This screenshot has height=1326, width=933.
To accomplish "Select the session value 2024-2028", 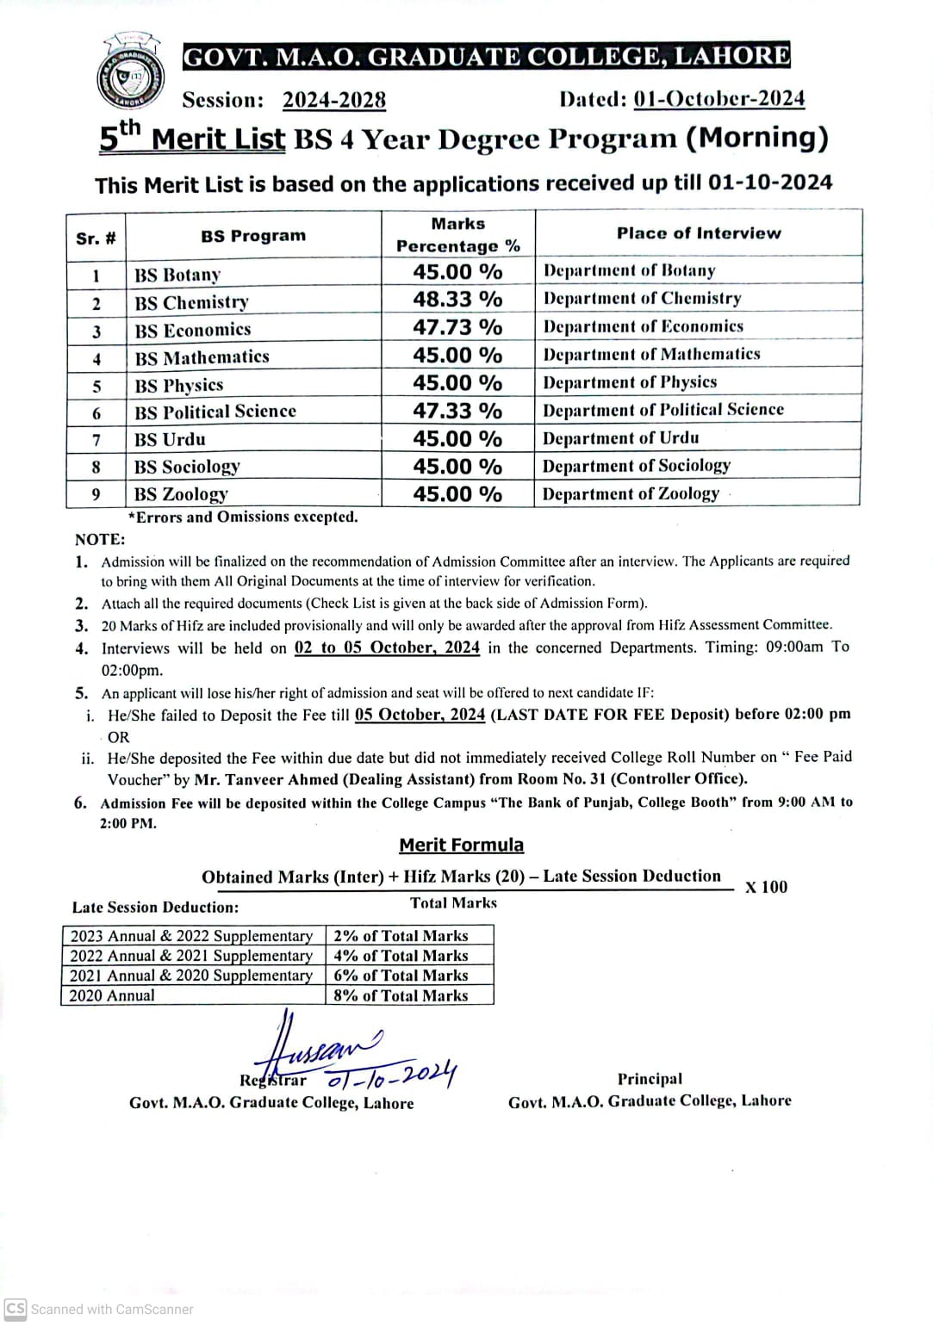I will [333, 101].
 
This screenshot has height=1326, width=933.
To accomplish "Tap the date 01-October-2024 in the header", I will [718, 99].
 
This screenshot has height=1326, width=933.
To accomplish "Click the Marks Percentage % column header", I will [457, 235].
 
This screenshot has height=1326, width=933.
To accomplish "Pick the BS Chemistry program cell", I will [191, 303].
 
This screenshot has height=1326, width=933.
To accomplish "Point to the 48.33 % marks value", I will [457, 300].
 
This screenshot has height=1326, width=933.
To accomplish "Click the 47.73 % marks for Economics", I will [457, 327].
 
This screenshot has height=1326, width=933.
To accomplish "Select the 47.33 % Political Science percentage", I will [457, 411].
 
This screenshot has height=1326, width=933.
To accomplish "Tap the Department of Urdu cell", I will [620, 438].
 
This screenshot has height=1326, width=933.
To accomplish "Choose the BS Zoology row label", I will [181, 494].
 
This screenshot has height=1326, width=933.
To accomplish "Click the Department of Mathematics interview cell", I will [651, 355].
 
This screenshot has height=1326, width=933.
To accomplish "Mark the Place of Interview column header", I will [698, 233].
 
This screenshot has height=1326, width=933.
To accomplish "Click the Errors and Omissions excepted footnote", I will [242, 517].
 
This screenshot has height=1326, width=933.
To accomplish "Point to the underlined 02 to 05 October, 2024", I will [387, 648].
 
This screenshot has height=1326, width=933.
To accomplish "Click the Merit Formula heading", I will [461, 846].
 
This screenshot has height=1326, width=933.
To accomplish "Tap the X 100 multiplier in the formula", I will [766, 887].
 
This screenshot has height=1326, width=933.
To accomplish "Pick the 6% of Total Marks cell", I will [401, 976].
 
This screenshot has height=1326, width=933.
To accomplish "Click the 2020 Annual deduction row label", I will [112, 995].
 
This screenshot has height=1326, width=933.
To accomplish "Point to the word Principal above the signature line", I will [649, 1079].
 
